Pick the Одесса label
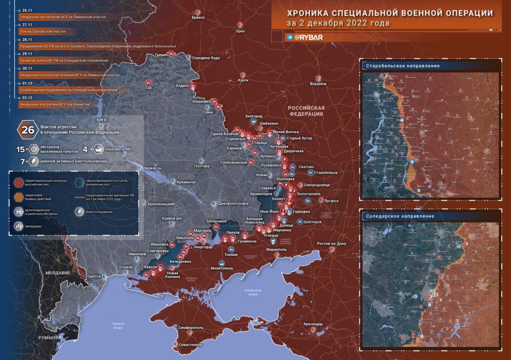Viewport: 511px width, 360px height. [x=94, y=276]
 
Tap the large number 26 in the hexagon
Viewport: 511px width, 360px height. [x=28, y=130]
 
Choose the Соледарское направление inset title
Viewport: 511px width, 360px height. [x=400, y=216]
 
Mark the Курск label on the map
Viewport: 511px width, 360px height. [x=243, y=80]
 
